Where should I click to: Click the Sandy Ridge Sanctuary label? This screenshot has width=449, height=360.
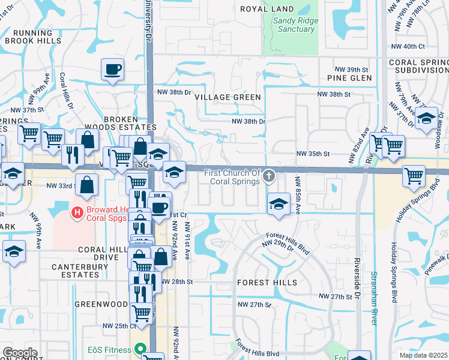tap(296, 25)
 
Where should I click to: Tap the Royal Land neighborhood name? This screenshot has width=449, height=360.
tap(267, 9)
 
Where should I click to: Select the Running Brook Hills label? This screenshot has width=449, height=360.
tap(33, 37)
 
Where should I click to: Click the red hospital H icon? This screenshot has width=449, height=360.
tap(77, 212)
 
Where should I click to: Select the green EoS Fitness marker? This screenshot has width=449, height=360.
tap(140, 348)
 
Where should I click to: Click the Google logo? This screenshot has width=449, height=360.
tap(20, 352)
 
